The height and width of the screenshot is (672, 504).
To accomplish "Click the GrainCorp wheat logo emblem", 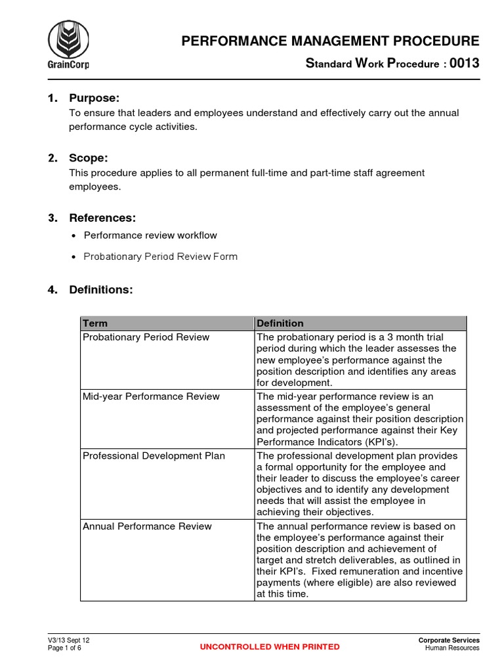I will (x=69, y=40).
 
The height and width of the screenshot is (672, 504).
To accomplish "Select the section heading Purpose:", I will (x=94, y=98).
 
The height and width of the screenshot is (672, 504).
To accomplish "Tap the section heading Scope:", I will (x=89, y=158).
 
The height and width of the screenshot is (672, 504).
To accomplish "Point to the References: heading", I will (x=102, y=218).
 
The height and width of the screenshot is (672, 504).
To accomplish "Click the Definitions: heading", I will (x=100, y=289).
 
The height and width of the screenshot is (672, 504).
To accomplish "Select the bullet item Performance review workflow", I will (x=150, y=235).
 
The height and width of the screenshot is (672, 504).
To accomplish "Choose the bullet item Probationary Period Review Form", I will (x=160, y=257).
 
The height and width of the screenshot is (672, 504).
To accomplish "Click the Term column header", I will (x=94, y=324).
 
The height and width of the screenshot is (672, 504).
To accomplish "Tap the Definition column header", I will (x=280, y=324).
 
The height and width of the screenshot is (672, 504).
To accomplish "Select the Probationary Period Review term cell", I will (x=146, y=337).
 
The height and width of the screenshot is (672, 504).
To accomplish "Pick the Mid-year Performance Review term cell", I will (x=151, y=396).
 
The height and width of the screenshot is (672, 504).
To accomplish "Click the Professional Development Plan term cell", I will (x=154, y=455).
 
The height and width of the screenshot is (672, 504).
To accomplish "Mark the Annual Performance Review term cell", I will (x=147, y=526).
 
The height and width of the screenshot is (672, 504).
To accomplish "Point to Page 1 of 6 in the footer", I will (x=64, y=648).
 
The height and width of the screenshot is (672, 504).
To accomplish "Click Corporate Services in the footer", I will (x=449, y=640).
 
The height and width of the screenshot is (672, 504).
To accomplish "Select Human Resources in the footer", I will (x=452, y=648).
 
